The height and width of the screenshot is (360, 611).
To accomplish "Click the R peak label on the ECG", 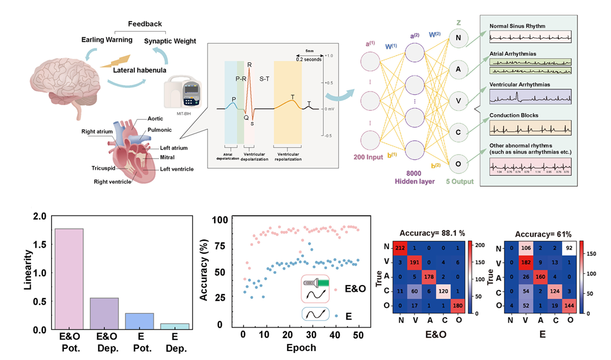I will [x=249, y=65].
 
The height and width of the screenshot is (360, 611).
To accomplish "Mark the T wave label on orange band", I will [x=292, y=97].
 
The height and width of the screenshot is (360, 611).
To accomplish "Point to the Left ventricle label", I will [x=177, y=169].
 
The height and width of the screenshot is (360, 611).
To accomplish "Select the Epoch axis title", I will [x=302, y=348].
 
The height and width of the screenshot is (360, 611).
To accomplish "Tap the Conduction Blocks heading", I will [x=514, y=115].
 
